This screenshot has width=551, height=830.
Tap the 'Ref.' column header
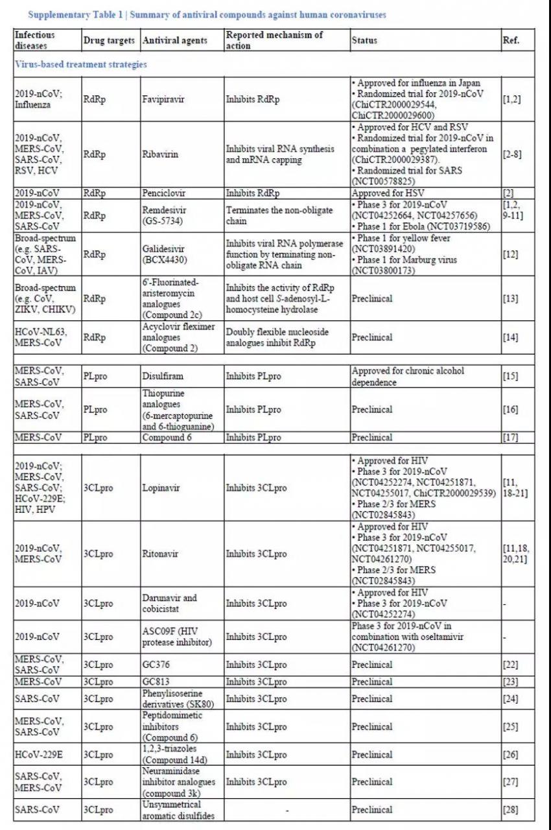pyautogui.click(x=510, y=40)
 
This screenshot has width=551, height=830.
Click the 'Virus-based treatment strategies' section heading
pyautogui.click(x=80, y=65)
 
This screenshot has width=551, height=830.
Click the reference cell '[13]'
pyautogui.click(x=510, y=299)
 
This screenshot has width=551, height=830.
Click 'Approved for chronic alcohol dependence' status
pyautogui.click(x=408, y=376)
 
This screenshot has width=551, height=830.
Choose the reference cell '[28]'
pyautogui.click(x=510, y=809)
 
